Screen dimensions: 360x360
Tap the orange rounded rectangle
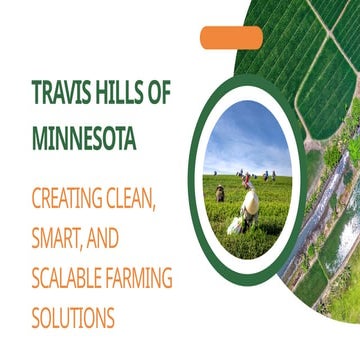[231, 38]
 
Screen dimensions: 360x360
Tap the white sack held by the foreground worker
[237, 224]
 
